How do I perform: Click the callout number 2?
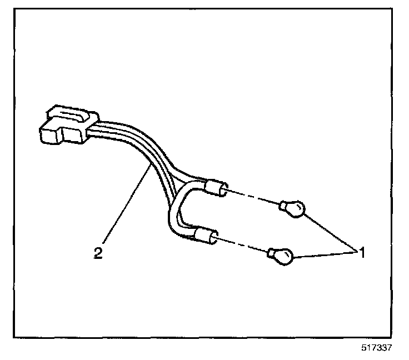point(98,253)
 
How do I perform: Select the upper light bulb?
point(296,209)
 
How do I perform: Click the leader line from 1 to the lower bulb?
point(325,254)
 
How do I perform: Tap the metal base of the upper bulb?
point(283,207)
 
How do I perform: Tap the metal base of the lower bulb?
point(271,253)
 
